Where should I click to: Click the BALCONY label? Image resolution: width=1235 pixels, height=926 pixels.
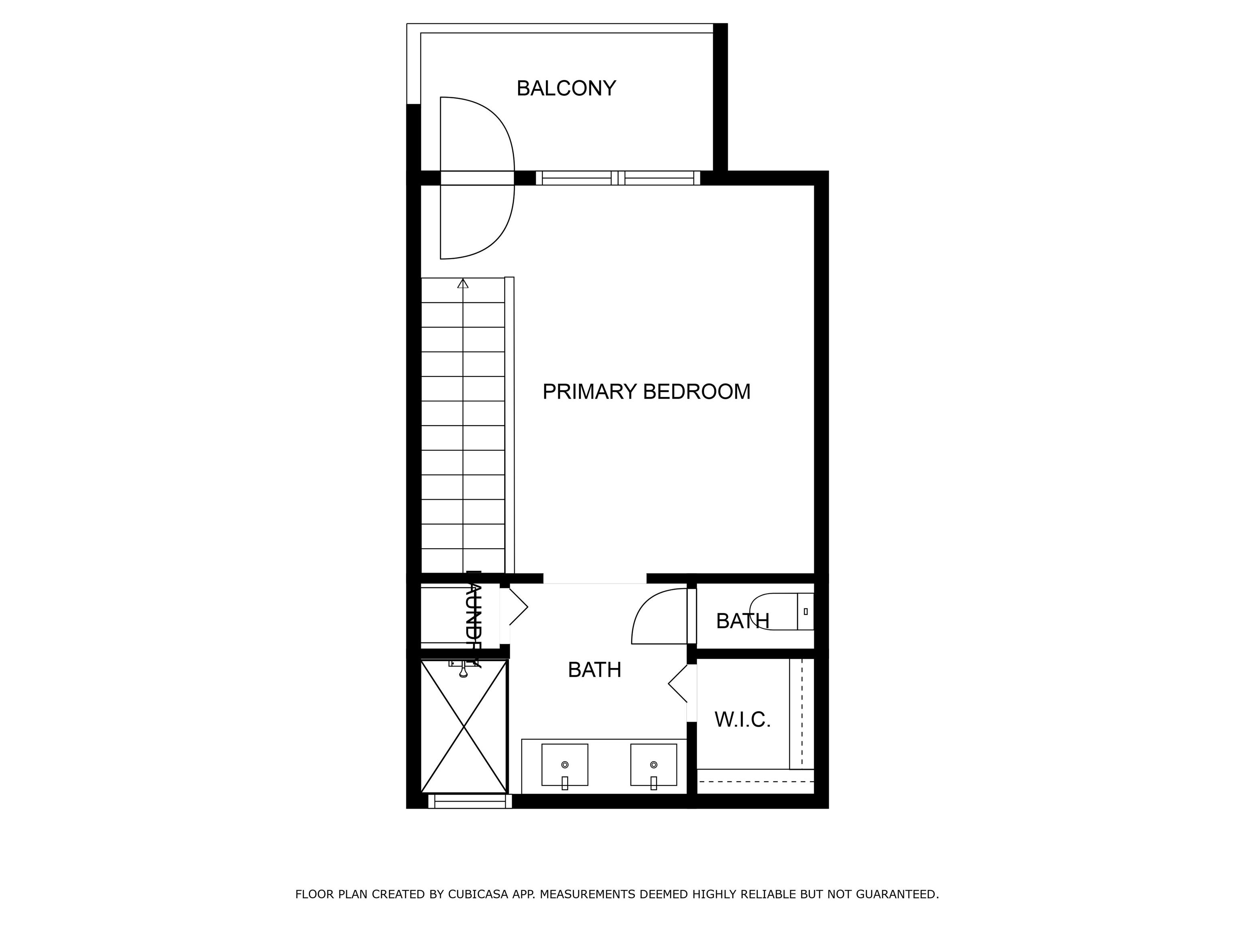point(566,88)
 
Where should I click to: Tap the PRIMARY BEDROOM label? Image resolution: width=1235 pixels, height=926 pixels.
point(646,392)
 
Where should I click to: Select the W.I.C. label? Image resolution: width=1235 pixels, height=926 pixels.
point(742,720)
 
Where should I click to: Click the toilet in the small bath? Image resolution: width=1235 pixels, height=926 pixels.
point(781,611)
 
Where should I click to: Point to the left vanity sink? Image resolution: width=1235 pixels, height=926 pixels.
point(564,765)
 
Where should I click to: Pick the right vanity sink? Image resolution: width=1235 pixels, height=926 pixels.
point(653,765)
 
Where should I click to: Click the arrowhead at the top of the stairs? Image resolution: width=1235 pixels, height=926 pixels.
point(463,284)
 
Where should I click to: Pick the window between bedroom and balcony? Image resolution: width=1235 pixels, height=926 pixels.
point(617,178)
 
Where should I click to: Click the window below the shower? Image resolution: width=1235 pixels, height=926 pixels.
point(470,801)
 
